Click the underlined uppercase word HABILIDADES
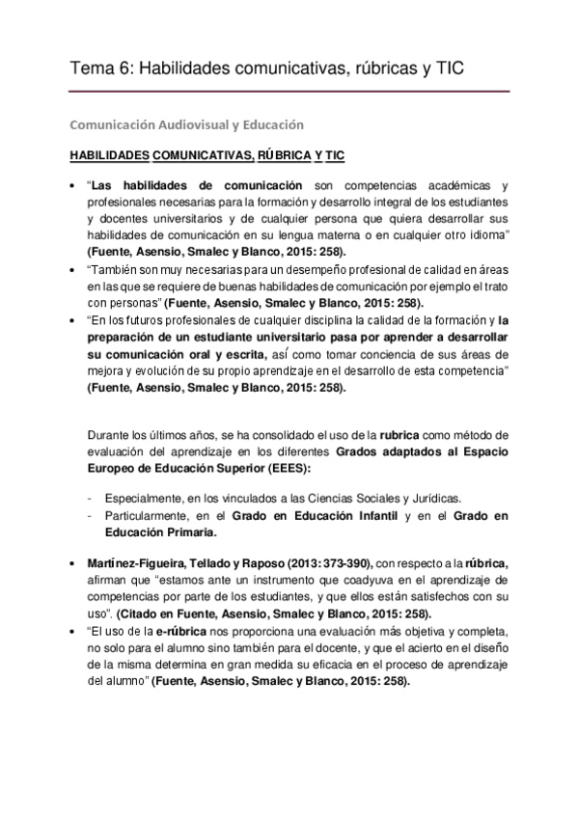[109, 155]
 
